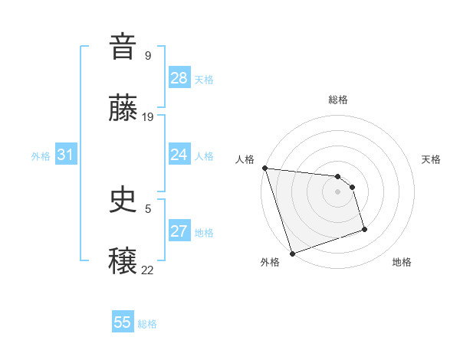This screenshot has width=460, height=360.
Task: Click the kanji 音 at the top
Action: [123, 47]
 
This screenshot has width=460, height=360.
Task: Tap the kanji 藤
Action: [123, 110]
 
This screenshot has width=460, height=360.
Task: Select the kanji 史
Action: [123, 201]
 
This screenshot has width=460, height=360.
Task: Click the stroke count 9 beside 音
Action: [148, 55]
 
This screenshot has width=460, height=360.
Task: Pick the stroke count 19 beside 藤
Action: [148, 117]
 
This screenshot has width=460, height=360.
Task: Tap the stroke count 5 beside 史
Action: [148, 208]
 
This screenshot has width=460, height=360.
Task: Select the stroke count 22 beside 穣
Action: [148, 270]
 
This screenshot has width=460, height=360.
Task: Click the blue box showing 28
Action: [179, 78]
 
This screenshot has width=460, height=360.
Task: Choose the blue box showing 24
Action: [179, 155]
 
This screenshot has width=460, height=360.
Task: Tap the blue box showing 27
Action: [179, 231]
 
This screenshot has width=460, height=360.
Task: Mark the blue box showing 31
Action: [66, 155]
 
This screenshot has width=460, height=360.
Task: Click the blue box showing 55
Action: [123, 322]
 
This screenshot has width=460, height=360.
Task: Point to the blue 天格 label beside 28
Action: [204, 79]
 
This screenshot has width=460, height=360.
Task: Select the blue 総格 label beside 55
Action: [147, 324]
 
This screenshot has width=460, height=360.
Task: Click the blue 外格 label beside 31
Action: [41, 155]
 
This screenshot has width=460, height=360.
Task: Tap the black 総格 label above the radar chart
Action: [337, 100]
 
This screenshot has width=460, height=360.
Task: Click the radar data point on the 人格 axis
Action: [264, 168]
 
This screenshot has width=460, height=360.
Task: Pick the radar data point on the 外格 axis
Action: [292, 253]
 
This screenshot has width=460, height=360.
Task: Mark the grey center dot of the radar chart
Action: [337, 191]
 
